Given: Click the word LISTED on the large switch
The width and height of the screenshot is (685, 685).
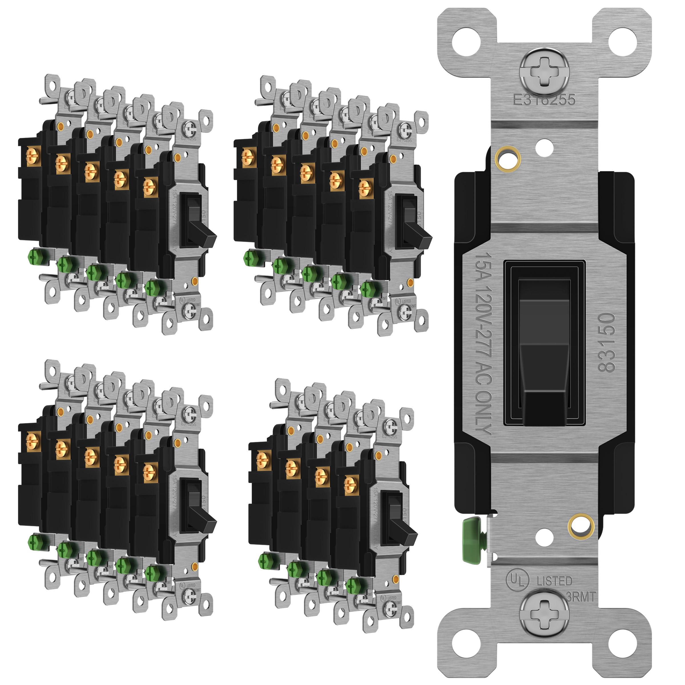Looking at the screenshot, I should [x=555, y=581].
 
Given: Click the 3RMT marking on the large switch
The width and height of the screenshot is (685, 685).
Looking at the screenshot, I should [x=581, y=597].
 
